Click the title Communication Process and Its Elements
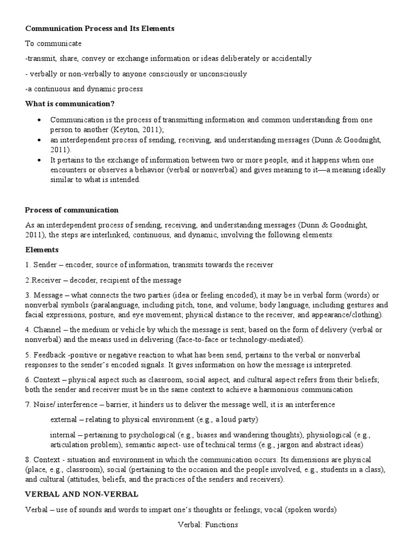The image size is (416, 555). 100,28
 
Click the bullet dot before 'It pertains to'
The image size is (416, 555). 40,160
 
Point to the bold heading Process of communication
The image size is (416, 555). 71,210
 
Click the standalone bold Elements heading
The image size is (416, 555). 42,250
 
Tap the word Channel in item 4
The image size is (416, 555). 47,330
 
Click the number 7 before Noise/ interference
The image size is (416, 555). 28,404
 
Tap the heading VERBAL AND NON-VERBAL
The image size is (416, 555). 82,494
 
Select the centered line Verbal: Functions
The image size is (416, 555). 207,525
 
